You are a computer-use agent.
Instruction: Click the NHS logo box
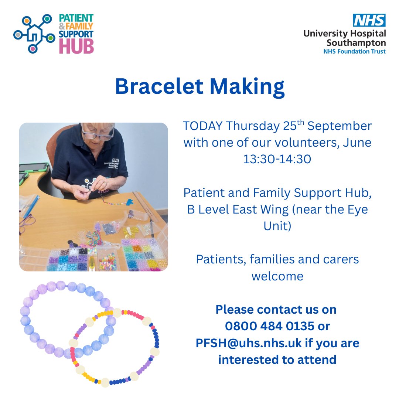point(369,20)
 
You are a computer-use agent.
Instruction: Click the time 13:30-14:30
point(277,159)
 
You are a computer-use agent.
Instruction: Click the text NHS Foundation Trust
point(354,51)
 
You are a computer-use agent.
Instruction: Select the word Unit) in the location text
point(277,226)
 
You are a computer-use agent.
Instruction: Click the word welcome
point(277,276)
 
